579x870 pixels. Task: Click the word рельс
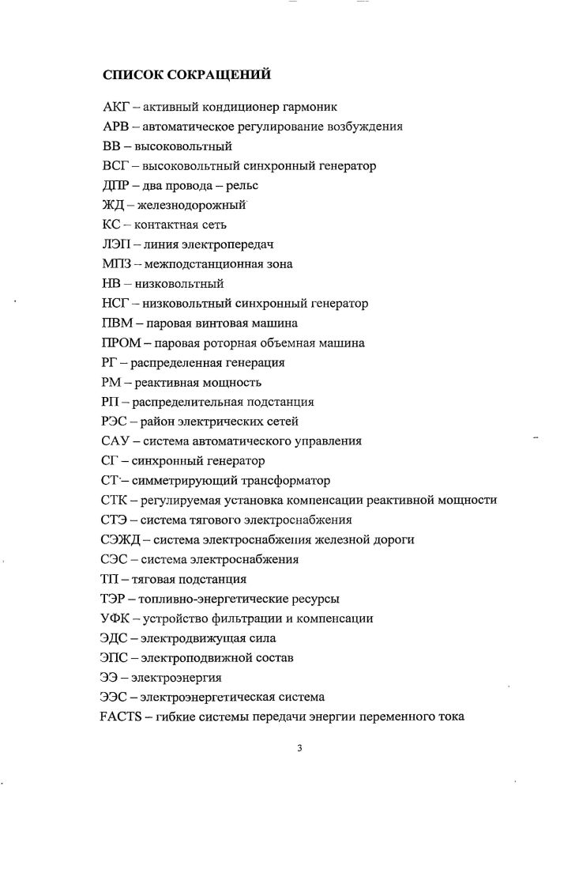tap(243, 185)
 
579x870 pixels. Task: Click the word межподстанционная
tap(195, 264)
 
